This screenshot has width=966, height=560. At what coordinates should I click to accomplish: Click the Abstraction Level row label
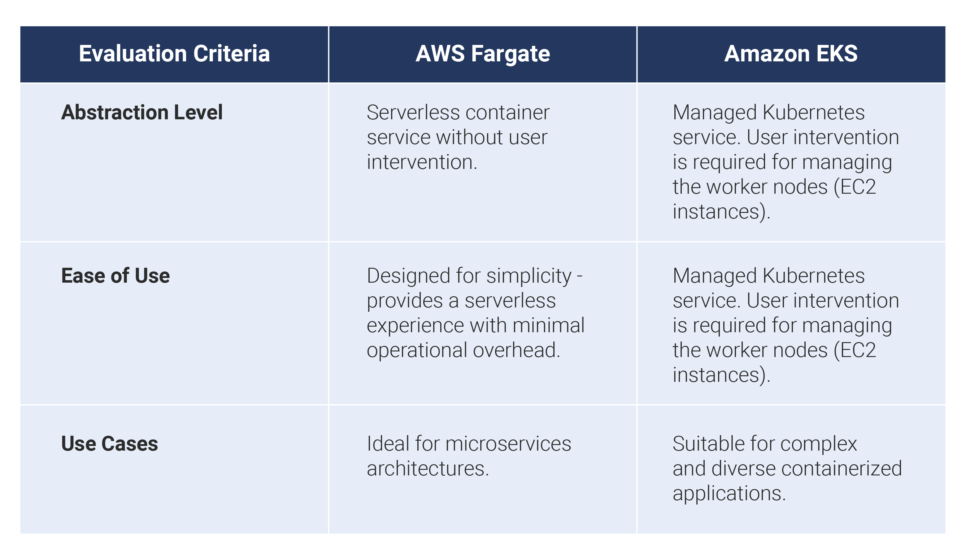(x=142, y=112)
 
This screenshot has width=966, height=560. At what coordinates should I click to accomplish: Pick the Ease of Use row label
(x=115, y=276)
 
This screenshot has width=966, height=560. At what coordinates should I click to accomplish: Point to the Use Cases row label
(x=110, y=444)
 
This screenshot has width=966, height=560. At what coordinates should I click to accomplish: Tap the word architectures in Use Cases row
(x=427, y=469)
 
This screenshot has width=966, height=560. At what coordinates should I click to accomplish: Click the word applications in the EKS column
(x=729, y=494)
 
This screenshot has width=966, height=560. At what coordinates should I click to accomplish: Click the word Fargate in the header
(x=510, y=54)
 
